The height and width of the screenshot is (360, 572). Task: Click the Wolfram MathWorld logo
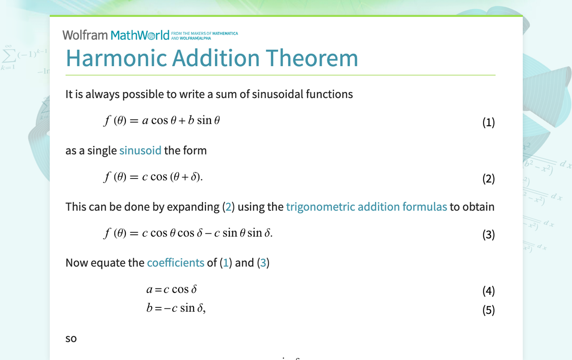116,35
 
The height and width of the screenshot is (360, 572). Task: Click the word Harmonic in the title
116,58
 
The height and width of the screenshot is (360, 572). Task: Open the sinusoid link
140,150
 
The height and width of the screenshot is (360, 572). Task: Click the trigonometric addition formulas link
367,206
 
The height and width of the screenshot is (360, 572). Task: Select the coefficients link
176,263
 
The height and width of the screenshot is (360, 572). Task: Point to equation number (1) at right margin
488,122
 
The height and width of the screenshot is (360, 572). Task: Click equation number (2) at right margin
488,179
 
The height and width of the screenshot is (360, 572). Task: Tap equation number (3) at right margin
488,235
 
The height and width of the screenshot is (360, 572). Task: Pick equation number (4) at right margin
488,291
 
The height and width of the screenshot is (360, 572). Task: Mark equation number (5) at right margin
488,310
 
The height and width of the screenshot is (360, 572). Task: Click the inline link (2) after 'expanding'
228,206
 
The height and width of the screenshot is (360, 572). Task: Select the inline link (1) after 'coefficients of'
226,263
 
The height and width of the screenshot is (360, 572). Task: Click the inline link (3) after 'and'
263,263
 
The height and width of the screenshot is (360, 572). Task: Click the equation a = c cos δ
172,289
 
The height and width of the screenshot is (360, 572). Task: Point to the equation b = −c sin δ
176,308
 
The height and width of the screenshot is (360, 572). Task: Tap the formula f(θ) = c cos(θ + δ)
153,177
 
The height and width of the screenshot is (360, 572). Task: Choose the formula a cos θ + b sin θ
181,121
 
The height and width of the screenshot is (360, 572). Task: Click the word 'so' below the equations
71,339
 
